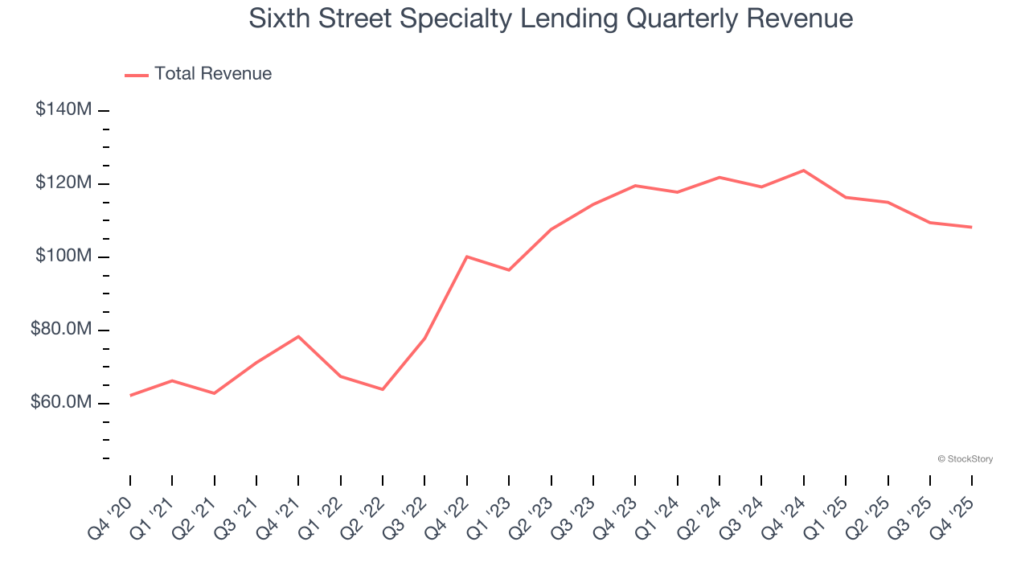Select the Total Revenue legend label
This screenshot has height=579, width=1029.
pos(213,74)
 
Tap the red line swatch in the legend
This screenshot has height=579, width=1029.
pos(137,75)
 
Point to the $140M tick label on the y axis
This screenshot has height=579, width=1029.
pos(64,109)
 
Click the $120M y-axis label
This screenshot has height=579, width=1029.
pos(64,183)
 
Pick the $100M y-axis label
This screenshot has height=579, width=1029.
pos(64,256)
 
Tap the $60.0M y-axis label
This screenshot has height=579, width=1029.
pos(61,402)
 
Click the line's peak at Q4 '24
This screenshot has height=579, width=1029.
pos(803,170)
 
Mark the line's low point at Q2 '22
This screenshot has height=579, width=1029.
pos(382,389)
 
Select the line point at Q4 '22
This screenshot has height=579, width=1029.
pos(467,257)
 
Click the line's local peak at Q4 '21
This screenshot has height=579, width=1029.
pos(298,336)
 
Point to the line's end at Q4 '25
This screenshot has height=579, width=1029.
pos(971,227)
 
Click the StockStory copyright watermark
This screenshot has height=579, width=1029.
pos(965,459)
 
